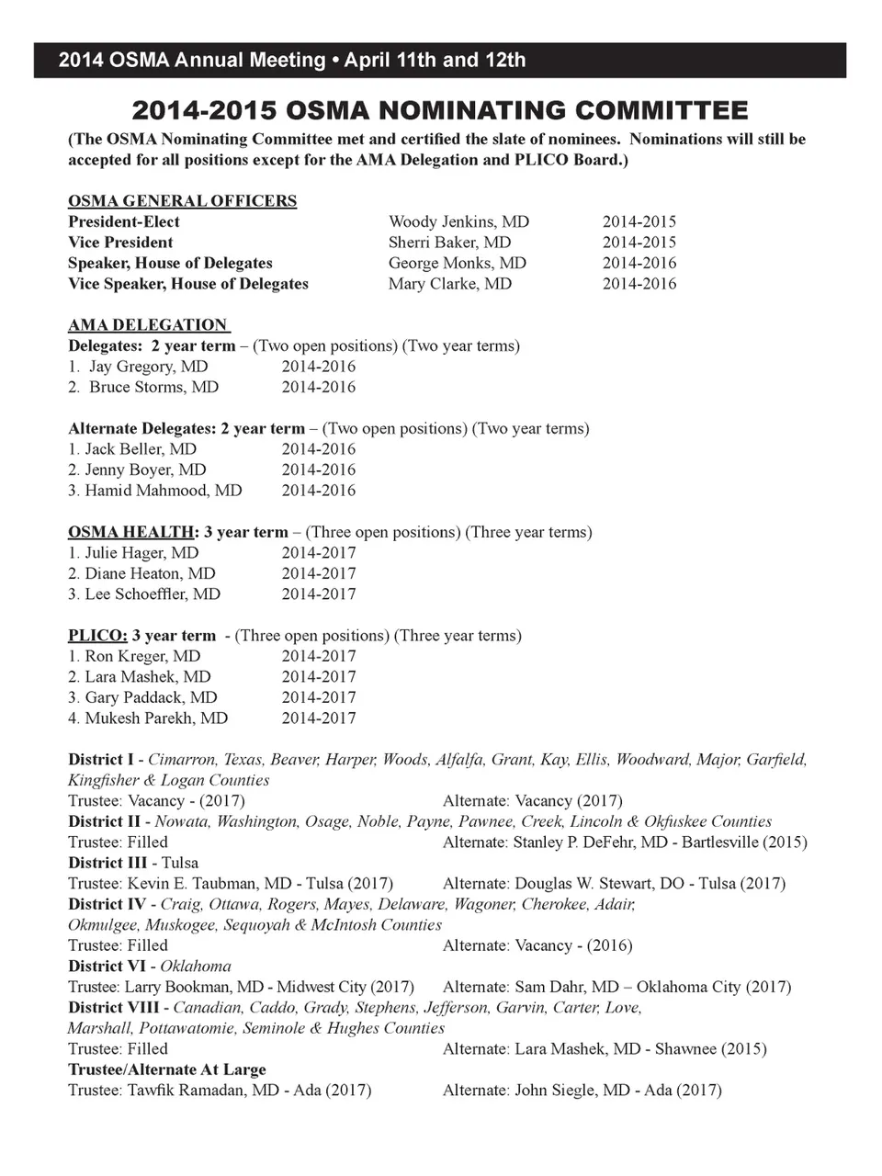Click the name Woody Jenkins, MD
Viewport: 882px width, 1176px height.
click(458, 221)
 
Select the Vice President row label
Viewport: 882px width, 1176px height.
click(120, 243)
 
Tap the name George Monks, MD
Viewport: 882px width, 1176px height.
click(458, 263)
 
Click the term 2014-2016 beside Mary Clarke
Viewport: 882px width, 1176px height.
click(639, 284)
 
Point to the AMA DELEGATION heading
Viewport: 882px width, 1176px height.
click(148, 325)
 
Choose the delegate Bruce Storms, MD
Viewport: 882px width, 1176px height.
click(153, 387)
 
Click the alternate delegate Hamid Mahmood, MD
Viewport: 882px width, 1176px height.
click(164, 491)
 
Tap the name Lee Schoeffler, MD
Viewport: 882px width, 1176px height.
click(153, 594)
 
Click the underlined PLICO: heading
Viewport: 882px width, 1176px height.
click(97, 636)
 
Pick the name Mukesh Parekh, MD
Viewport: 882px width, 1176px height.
click(156, 718)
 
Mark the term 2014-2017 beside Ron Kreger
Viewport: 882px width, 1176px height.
click(318, 656)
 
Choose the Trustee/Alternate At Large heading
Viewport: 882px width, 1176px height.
click(167, 1069)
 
